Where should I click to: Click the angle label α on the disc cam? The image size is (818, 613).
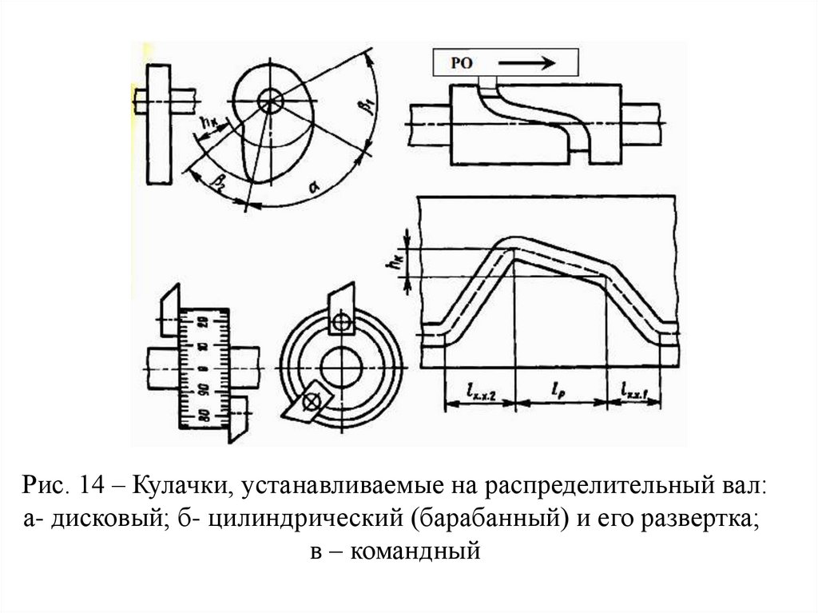[x=314, y=187]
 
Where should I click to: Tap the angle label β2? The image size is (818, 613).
[x=217, y=183]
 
